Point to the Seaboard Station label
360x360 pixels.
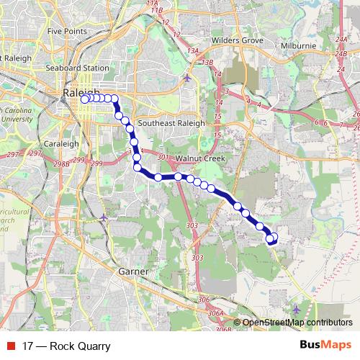coord(78,68)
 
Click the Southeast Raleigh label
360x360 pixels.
coord(167,122)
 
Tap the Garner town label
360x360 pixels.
coord(133,272)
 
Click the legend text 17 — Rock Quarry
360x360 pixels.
coord(66,346)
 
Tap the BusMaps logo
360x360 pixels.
coord(325,346)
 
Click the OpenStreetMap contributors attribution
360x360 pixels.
coord(297,323)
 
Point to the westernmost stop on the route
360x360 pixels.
coord(84,99)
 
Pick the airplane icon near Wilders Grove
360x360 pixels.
coord(188,78)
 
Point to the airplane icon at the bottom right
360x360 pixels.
coord(297,309)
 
